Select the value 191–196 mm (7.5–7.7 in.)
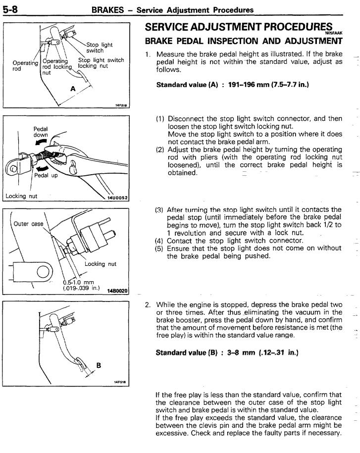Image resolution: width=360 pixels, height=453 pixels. click(268, 85)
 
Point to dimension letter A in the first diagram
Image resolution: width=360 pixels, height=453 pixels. click(73, 89)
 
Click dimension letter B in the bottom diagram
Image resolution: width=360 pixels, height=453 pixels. click(99, 365)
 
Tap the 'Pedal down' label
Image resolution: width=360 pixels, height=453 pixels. click(41, 132)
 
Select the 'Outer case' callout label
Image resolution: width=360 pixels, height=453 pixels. click(28, 224)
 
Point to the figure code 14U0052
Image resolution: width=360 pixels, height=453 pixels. click(114, 198)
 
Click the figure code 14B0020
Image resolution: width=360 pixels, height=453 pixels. click(118, 292)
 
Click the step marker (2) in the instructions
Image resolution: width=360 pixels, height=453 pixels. click(160, 150)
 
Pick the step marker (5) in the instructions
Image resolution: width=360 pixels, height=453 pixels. click(160, 249)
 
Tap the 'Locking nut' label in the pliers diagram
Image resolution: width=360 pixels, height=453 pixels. click(21, 197)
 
